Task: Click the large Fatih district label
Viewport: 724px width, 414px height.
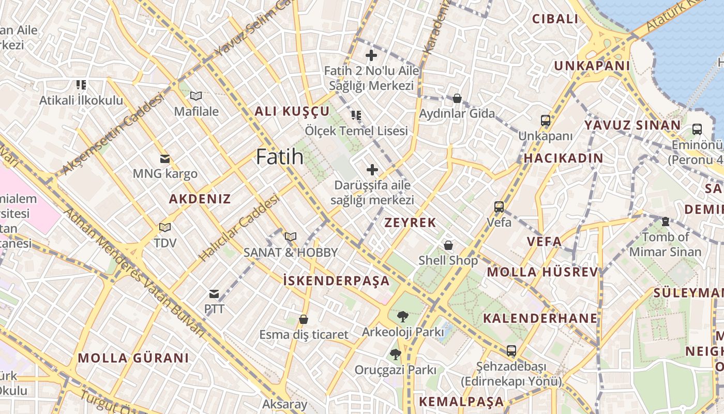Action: click(x=280, y=157)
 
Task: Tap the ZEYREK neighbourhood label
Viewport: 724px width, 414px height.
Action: click(x=411, y=223)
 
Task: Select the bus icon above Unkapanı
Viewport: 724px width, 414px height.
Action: click(x=546, y=121)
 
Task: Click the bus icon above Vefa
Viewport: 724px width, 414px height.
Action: click(x=499, y=207)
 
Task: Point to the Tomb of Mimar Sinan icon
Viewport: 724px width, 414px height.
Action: click(x=666, y=221)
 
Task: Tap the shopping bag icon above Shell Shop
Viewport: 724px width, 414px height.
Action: click(x=448, y=245)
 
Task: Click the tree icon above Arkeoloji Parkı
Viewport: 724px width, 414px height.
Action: click(x=402, y=316)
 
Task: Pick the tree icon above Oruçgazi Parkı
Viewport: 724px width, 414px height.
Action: click(x=395, y=354)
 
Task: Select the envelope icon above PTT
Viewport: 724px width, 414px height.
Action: click(x=214, y=294)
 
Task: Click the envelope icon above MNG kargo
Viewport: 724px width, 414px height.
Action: click(x=165, y=158)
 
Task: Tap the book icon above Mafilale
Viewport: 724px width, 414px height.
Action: click(x=196, y=96)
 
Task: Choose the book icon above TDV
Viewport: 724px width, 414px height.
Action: click(x=165, y=227)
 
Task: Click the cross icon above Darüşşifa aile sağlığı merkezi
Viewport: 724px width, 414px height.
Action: click(x=372, y=169)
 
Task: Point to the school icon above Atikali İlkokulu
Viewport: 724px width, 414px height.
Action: click(x=81, y=84)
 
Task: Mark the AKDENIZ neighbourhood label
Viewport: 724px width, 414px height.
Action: click(x=200, y=199)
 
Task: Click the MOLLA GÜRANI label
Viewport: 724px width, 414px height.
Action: click(x=133, y=358)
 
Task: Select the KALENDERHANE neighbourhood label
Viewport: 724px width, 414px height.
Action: click(x=540, y=318)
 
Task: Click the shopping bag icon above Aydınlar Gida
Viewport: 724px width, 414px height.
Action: click(x=457, y=98)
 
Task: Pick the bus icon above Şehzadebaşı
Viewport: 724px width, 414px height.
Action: click(x=511, y=350)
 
